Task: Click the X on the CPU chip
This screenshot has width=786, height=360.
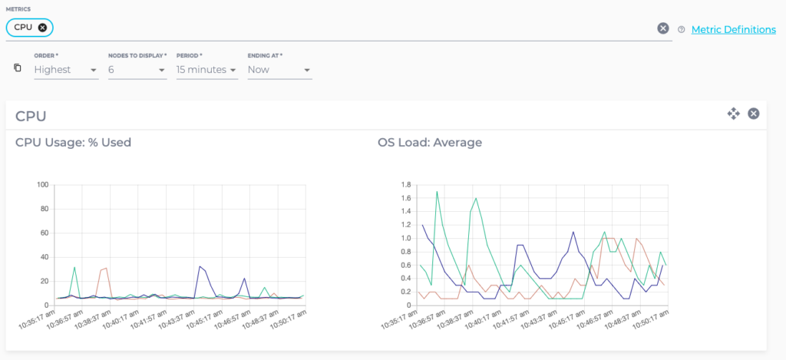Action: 42,28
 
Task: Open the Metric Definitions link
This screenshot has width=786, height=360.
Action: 733,29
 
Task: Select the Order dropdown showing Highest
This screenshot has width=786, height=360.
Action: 65,70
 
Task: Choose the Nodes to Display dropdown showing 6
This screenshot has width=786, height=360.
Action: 137,70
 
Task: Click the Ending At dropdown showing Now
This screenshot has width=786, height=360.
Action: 279,70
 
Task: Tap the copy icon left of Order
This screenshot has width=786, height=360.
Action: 18,68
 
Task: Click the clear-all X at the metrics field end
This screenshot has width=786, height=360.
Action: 663,28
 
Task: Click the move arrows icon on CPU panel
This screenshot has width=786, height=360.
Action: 733,114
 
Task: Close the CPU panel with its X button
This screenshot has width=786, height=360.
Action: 754,114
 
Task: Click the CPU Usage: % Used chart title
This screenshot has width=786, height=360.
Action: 73,142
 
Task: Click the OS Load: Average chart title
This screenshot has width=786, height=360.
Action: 430,142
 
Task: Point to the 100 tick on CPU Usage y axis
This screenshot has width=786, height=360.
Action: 43,185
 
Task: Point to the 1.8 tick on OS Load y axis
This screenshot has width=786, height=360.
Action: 406,185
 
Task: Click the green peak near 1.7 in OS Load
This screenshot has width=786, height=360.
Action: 437,192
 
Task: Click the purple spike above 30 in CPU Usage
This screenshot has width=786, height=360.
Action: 200,266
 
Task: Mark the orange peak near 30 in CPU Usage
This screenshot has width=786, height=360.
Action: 105,269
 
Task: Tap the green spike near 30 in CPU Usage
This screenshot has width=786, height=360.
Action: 74,267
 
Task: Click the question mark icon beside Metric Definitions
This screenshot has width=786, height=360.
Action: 681,29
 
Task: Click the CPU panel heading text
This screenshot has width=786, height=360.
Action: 31,116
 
